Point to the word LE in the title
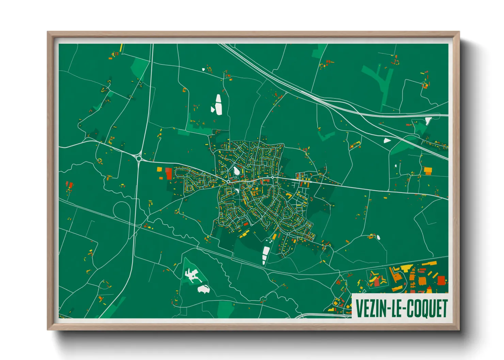click(396, 309)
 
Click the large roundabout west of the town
click(139, 158)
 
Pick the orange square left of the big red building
click(159, 169)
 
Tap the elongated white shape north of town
click(218, 104)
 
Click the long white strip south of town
click(265, 255)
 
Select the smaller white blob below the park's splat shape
click(203, 289)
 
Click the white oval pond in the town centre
click(236, 171)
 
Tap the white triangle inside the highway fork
click(387, 140)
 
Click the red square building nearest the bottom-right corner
click(441, 280)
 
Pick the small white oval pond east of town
click(378, 237)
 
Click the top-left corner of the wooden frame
click(48, 33)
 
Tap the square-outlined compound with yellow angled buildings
click(377, 278)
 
